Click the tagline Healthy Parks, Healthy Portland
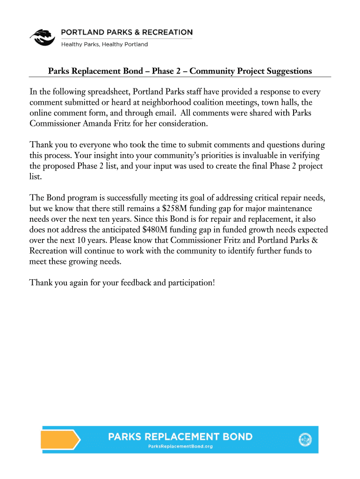pyautogui.click(x=105, y=44)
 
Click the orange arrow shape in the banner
pyautogui.click(x=60, y=440)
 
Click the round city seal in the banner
pyautogui.click(x=305, y=439)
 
